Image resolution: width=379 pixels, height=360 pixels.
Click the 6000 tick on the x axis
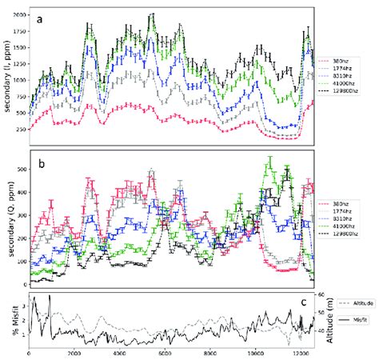[164, 353]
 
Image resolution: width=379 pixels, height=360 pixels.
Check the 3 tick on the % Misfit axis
[22, 305]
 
